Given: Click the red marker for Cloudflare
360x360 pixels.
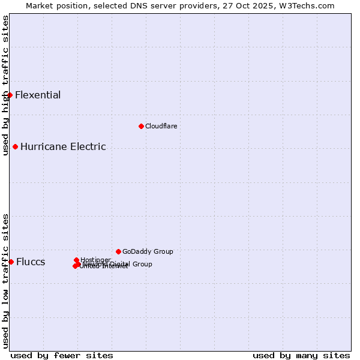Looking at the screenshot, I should point(141,126).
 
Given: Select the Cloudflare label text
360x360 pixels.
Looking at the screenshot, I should point(161,126).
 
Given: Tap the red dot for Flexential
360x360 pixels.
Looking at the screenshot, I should point(10,95).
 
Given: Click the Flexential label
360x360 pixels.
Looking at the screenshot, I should point(38,95).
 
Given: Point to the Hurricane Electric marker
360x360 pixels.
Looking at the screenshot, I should point(15,146).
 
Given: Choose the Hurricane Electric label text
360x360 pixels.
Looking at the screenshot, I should point(63,146).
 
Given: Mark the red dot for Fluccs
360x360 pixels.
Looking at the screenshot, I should point(11,262).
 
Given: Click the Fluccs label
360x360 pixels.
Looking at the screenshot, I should point(31,262).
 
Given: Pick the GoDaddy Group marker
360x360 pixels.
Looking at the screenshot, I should point(118,251).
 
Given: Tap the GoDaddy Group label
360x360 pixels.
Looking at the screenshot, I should point(148,251).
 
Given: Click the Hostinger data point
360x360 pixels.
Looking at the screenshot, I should point(76,260).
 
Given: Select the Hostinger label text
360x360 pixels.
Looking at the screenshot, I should point(95,260).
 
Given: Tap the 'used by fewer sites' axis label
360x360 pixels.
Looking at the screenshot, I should point(62,355).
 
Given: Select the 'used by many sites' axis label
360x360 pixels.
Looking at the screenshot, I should point(301,355).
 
